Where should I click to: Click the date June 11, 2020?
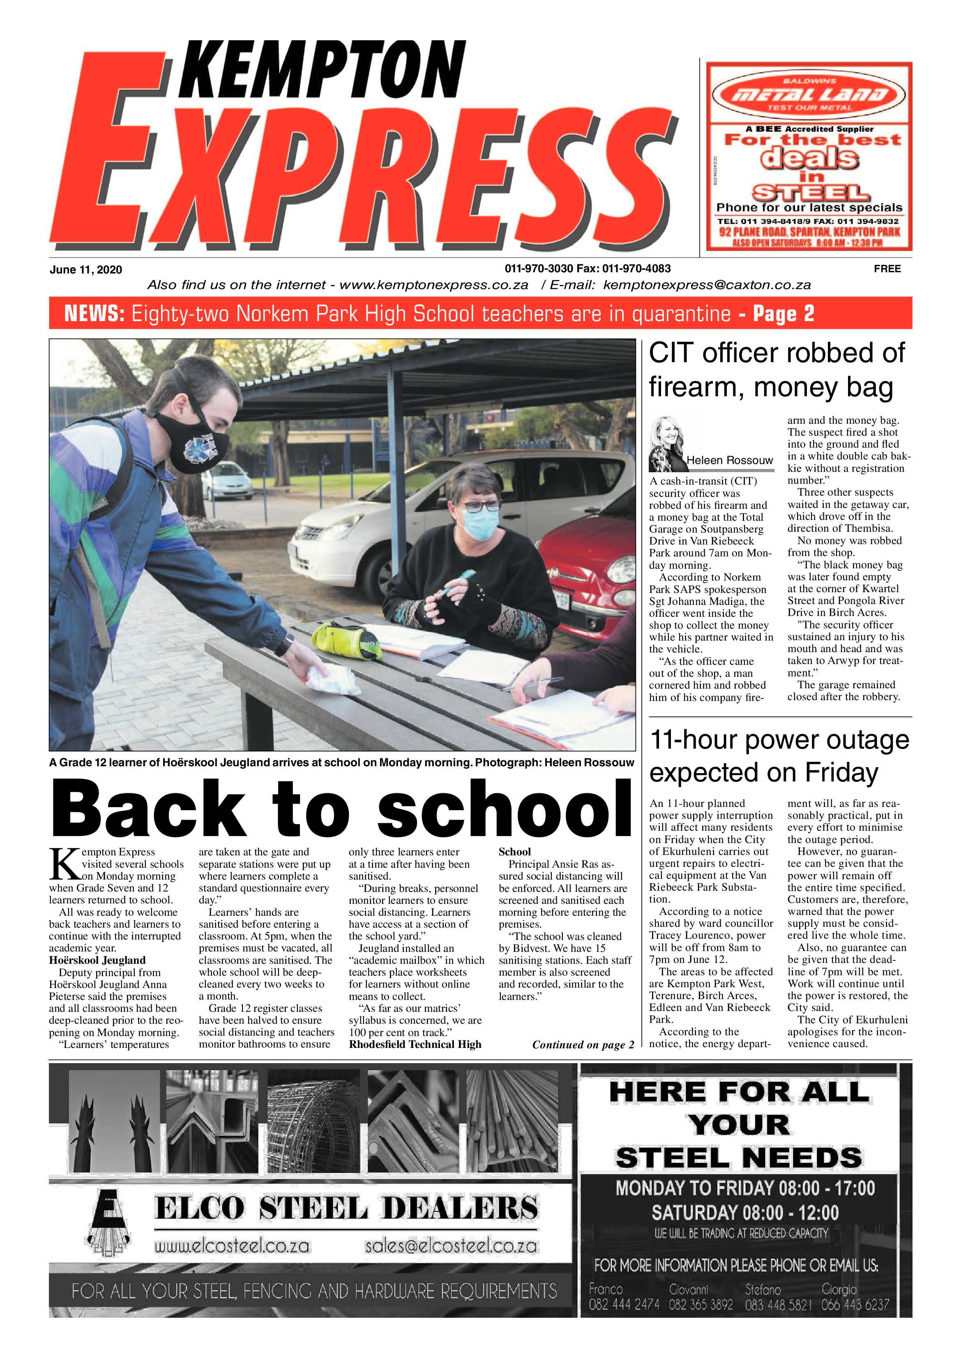pyautogui.click(x=86, y=270)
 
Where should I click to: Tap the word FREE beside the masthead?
pyautogui.click(x=887, y=269)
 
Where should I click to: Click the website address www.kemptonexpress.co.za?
pyautogui.click(x=434, y=285)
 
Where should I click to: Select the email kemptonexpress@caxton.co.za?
pyautogui.click(x=707, y=285)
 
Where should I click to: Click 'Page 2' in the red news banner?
pyautogui.click(x=784, y=313)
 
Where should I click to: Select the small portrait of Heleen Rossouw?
pyautogui.click(x=668, y=443)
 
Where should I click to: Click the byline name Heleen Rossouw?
pyautogui.click(x=730, y=460)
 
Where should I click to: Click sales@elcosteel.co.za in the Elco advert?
pyautogui.click(x=451, y=1246)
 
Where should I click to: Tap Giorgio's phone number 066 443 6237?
pyautogui.click(x=855, y=1304)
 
